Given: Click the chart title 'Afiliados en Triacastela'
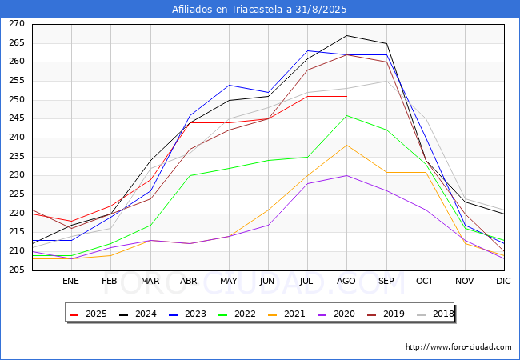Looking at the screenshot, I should (x=259, y=10).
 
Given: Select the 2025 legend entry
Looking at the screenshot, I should (x=90, y=314).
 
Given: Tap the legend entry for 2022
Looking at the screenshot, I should (x=237, y=314).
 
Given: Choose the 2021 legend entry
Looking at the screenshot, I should (x=286, y=314).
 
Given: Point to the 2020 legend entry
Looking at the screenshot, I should (x=334, y=314).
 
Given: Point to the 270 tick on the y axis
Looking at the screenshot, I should (x=17, y=24).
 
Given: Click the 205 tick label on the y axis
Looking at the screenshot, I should (x=17, y=270).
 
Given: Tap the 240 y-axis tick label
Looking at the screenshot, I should (x=17, y=138).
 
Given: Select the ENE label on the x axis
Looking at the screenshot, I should (x=71, y=282).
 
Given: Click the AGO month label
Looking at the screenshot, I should (x=346, y=282).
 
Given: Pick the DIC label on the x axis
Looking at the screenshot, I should (x=503, y=282).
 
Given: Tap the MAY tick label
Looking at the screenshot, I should (x=229, y=282).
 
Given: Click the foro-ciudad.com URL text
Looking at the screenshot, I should (x=458, y=347).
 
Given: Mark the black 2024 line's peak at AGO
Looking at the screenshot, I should (x=346, y=35).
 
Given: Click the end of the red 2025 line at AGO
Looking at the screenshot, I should (x=346, y=96).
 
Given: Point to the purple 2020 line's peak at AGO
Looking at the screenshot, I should (x=346, y=175).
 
